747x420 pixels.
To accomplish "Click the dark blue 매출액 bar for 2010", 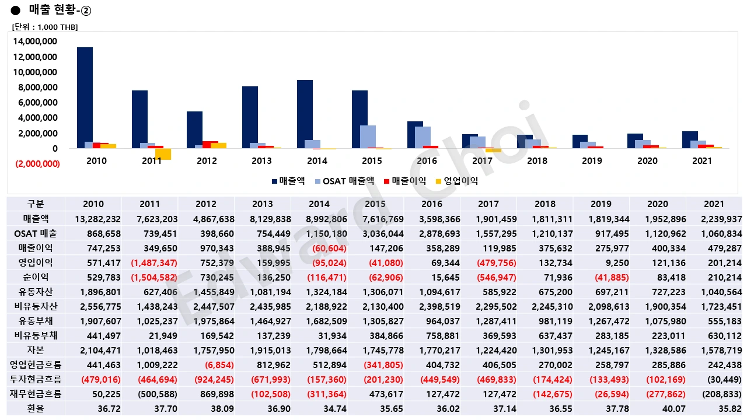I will (85, 98).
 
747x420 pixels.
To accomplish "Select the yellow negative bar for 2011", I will (163, 154).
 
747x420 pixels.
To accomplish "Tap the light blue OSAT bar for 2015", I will (368, 137).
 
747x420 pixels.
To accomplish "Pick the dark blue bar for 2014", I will (305, 114).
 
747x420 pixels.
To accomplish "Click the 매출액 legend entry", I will (288, 181).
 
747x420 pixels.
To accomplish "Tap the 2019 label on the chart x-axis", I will (592, 161).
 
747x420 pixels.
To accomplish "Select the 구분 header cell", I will (36, 204).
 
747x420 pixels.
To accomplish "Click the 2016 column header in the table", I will (432, 204).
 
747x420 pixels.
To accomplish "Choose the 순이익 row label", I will (36, 277).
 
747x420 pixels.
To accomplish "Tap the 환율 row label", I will (36, 408).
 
